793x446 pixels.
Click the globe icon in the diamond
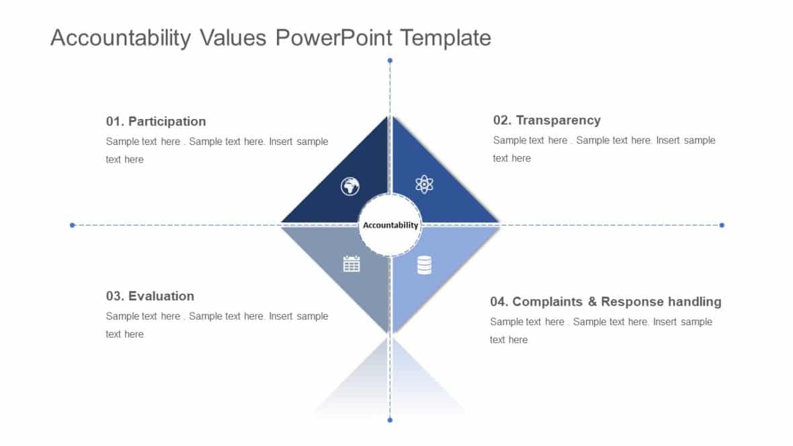[x=350, y=186]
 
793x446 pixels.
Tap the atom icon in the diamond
[x=424, y=184]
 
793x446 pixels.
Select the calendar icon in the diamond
[x=351, y=264]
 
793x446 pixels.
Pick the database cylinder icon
[x=424, y=265]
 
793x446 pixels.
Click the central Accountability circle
[x=390, y=225]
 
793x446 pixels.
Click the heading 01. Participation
[x=156, y=122]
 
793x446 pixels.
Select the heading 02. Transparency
[x=546, y=120]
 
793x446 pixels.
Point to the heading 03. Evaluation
[x=150, y=296]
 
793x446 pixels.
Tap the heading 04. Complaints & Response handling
[x=606, y=302]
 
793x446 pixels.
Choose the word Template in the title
[x=446, y=38]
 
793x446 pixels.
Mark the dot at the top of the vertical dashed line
[x=390, y=60]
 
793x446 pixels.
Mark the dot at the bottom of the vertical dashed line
[x=390, y=420]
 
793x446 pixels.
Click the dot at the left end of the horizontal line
[x=72, y=225]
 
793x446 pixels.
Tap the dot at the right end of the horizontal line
[x=722, y=225]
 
